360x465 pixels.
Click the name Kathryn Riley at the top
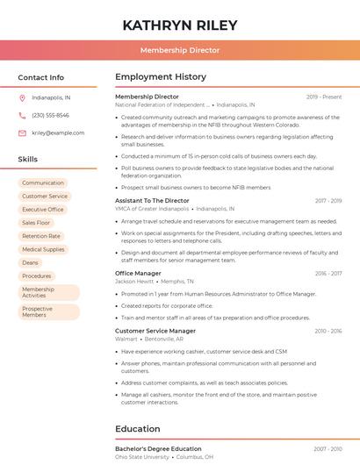coord(180,24)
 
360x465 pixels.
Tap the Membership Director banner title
coord(180,51)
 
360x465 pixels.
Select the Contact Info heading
coord(40,78)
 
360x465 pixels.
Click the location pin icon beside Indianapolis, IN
coord(22,98)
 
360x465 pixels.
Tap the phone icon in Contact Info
coord(22,115)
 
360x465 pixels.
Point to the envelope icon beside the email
coord(22,132)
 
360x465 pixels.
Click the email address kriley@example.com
coord(58,132)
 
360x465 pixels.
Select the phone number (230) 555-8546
coord(50,115)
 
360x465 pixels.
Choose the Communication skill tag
coord(43,182)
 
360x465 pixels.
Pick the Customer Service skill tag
coord(45,197)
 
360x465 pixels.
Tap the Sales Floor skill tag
coord(36,223)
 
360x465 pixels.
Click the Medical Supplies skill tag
coord(43,249)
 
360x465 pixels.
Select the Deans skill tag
coord(30,262)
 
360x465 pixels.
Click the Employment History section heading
coord(161,77)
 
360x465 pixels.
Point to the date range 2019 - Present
coord(324,97)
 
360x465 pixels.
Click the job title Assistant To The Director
coord(152,201)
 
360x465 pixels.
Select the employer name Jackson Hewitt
coord(134,282)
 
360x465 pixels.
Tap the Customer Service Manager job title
coord(155,331)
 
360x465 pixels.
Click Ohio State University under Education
coord(143,457)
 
